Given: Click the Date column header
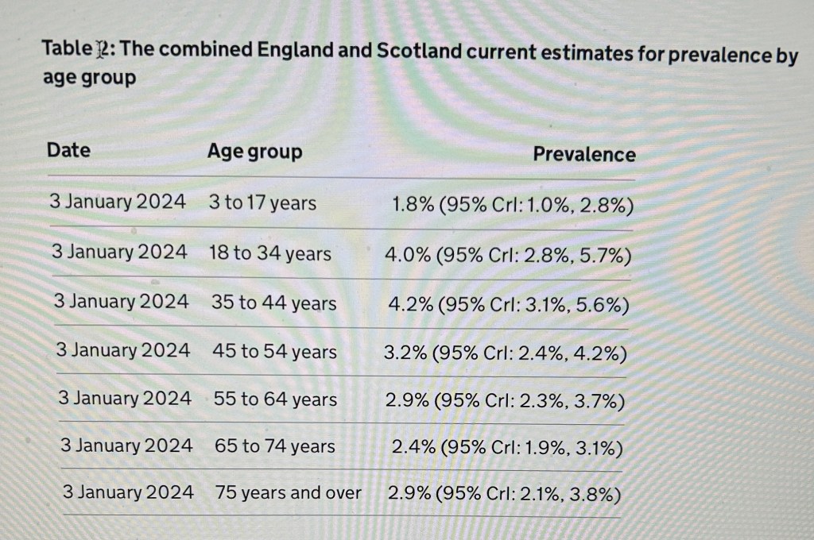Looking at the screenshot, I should [x=68, y=150].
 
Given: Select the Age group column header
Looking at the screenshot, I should [x=254, y=152].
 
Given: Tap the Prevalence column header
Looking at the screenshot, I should [x=583, y=154].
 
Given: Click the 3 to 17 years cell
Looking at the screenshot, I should [x=262, y=203].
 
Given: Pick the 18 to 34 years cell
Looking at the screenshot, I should [x=269, y=253].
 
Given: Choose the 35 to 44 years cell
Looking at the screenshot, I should [x=273, y=303].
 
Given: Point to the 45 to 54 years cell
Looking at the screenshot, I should [x=274, y=352].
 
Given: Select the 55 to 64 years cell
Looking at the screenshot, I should [x=275, y=399].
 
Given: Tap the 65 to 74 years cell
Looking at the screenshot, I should [x=275, y=447].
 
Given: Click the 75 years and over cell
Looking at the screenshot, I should [x=288, y=493].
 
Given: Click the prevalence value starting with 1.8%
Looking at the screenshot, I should [x=513, y=205].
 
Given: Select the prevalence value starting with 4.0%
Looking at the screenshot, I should [x=508, y=255].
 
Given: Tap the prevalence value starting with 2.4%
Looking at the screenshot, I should [x=507, y=449].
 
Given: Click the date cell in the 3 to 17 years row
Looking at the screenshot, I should [x=118, y=202].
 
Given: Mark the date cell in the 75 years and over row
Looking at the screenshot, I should [x=128, y=492].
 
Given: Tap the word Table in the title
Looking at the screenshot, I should [x=67, y=48].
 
